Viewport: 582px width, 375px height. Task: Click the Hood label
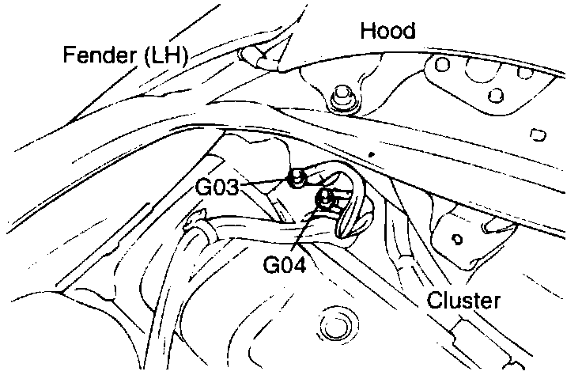pyautogui.click(x=387, y=32)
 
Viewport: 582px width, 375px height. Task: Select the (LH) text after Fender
pyautogui.click(x=164, y=56)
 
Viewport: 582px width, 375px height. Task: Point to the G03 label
pyautogui.click(x=217, y=188)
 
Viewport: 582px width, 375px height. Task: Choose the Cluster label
pyautogui.click(x=465, y=301)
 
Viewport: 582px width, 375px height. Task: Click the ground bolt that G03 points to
pyautogui.click(x=298, y=180)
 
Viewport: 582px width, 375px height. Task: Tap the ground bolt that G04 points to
pyautogui.click(x=324, y=199)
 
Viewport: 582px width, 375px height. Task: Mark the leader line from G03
pyautogui.click(x=265, y=184)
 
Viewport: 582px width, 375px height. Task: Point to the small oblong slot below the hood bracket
pyautogui.click(x=540, y=134)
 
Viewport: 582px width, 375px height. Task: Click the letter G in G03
pyautogui.click(x=204, y=188)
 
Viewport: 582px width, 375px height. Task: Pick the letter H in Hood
pyautogui.click(x=367, y=32)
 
